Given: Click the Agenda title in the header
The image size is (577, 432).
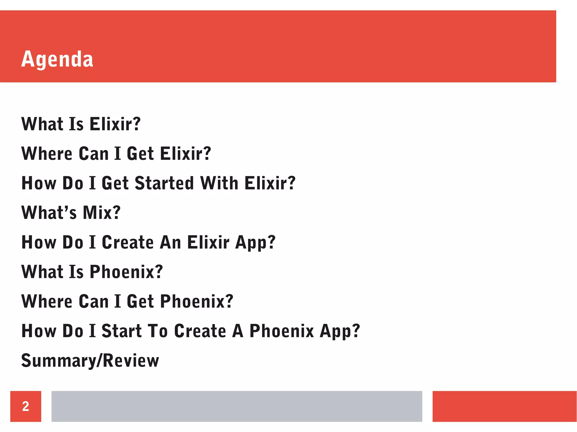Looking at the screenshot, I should (57, 59).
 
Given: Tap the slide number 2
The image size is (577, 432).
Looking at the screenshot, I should (26, 406).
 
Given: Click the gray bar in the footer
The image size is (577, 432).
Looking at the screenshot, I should (237, 406).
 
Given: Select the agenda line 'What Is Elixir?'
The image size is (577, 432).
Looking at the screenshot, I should (81, 124).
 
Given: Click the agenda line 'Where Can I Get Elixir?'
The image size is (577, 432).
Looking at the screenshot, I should (116, 153).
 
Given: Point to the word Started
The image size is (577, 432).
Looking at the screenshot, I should (165, 183).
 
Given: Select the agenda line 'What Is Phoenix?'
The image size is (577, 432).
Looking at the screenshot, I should (92, 272).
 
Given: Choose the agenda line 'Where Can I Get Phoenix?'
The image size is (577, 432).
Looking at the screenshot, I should (127, 301).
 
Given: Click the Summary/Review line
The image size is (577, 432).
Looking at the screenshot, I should (90, 361).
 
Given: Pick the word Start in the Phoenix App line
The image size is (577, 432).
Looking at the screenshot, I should (121, 331).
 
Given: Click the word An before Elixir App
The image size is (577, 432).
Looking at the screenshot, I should (170, 242).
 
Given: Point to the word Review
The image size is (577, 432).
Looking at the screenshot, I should (131, 361).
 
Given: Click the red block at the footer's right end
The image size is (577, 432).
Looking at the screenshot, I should (504, 406).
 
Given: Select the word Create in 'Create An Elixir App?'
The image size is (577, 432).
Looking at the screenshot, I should (128, 242).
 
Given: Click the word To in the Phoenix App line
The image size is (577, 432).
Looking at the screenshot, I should (157, 331).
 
